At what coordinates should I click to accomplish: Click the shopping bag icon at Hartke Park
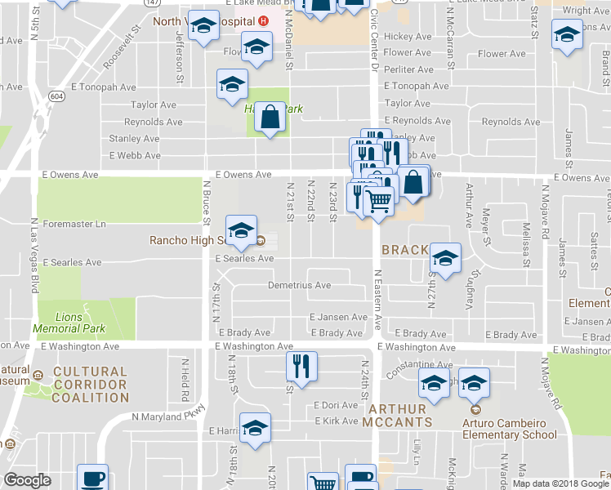[x=270, y=118]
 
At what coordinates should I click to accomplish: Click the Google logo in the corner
[x=27, y=480]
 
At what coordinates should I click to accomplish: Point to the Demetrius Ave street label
[x=300, y=285]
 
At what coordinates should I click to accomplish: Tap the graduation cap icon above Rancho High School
[x=242, y=232]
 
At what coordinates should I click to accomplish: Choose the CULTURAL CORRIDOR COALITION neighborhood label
[x=90, y=385]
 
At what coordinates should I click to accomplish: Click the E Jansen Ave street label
[x=338, y=317]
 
